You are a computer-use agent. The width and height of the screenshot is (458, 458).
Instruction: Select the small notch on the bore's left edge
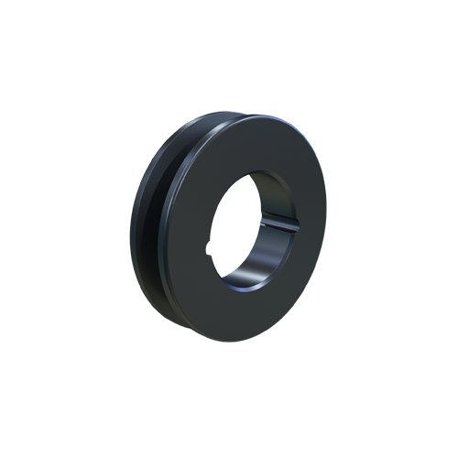[213, 245]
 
